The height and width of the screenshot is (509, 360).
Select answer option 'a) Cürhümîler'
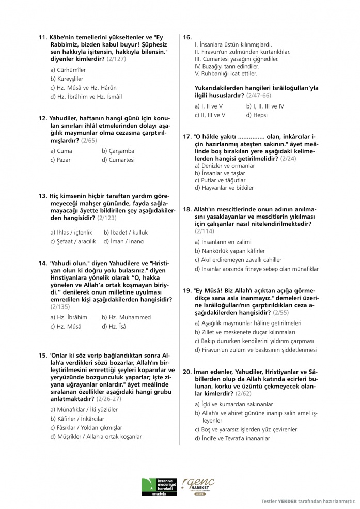pyautogui.click(x=68, y=69)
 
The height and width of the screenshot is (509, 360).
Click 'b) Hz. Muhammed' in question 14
pyautogui.click(x=126, y=317)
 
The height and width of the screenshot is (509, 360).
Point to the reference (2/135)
pyautogui.click(x=61, y=306)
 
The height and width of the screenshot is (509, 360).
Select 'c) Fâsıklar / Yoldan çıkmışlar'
pyautogui.click(x=86, y=427)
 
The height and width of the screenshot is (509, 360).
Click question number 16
pyautogui.click(x=187, y=37)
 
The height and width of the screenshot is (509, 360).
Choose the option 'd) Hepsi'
pyautogui.click(x=257, y=115)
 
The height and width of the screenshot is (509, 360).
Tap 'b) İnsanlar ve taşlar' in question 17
pyautogui.click(x=220, y=173)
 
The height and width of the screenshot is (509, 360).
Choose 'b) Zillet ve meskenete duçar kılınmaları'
pyautogui.click(x=245, y=332)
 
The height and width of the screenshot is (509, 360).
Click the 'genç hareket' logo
pyautogui.click(x=198, y=487)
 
